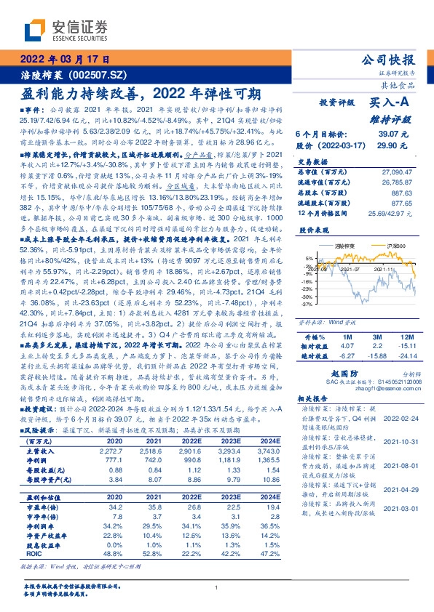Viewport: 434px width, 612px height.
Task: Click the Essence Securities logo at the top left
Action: click(x=65, y=30)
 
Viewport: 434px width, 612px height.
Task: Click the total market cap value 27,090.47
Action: click(x=393, y=172)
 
